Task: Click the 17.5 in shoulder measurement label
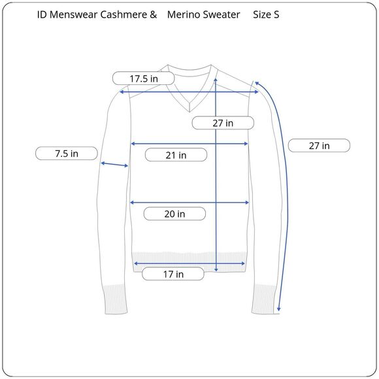pyautogui.click(x=144, y=78)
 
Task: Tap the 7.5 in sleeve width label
pyautogui.click(x=66, y=154)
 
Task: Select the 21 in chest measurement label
pyautogui.click(x=175, y=155)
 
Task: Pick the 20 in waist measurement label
pyautogui.click(x=174, y=214)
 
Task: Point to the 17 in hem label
pyautogui.click(x=173, y=274)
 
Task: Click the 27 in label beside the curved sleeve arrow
pyautogui.click(x=319, y=146)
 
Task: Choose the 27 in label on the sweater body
pyautogui.click(x=223, y=122)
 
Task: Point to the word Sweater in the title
pyautogui.click(x=222, y=14)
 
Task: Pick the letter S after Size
pyautogui.click(x=276, y=14)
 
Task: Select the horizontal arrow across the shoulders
pyautogui.click(x=189, y=92)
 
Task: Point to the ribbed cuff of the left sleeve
pyautogui.click(x=115, y=299)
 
